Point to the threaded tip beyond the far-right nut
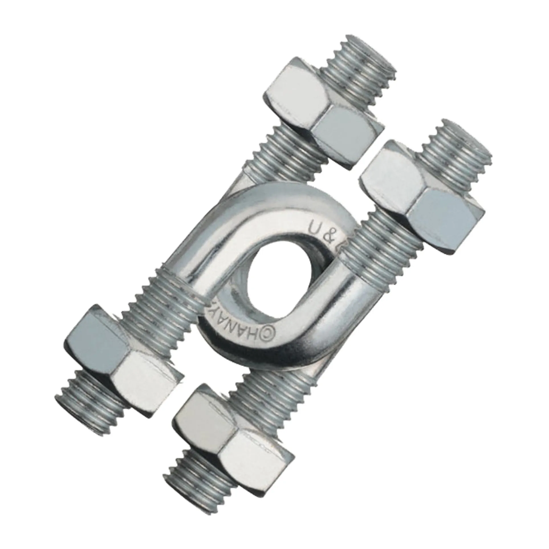click(456, 151)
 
